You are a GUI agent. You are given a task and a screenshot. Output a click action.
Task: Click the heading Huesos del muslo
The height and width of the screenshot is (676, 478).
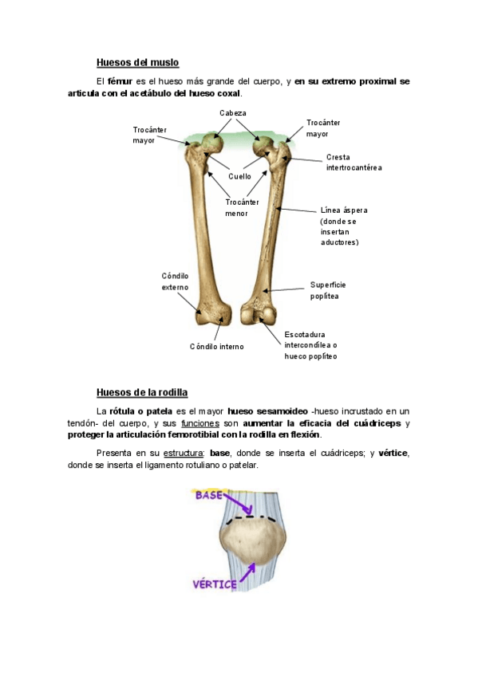click(x=137, y=62)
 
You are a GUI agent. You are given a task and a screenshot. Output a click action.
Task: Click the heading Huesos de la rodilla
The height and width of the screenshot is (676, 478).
click(x=142, y=392)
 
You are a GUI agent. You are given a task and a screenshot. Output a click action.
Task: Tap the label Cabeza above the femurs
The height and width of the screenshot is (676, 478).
click(x=232, y=113)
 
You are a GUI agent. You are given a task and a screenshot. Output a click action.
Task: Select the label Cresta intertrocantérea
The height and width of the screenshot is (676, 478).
click(x=354, y=163)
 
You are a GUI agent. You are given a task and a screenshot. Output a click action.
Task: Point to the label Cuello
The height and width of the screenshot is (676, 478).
click(x=239, y=176)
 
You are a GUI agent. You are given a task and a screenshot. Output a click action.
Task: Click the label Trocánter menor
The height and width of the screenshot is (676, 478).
click(x=242, y=208)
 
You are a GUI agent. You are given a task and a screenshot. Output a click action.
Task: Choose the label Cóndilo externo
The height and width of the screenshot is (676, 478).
click(x=175, y=281)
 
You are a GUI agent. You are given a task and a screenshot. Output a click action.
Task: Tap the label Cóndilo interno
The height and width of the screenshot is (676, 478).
click(x=216, y=347)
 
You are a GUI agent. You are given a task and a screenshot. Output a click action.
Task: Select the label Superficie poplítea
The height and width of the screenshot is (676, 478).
click(x=328, y=291)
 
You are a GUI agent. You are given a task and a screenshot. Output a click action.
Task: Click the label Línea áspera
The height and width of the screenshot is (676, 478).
click(x=344, y=210)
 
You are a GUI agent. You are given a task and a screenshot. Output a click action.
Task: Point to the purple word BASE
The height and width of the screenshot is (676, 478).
click(x=209, y=495)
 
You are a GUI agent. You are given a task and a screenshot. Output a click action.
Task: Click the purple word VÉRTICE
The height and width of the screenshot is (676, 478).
click(x=215, y=584)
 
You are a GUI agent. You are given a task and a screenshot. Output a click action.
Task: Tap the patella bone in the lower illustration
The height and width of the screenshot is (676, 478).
click(x=254, y=541)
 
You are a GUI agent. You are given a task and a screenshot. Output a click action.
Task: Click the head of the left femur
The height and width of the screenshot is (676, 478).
click(x=212, y=143)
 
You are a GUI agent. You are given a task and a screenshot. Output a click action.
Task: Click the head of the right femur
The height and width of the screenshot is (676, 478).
click(x=262, y=146)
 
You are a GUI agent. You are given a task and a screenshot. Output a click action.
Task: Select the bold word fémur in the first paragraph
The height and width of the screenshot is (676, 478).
click(x=120, y=81)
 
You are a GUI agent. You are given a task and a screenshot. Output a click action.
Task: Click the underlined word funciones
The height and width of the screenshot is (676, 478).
click(x=200, y=423)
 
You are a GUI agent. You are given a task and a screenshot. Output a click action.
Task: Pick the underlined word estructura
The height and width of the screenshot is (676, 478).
click(x=183, y=453)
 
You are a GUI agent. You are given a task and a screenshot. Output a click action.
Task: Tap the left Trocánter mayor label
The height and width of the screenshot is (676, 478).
click(x=149, y=135)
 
